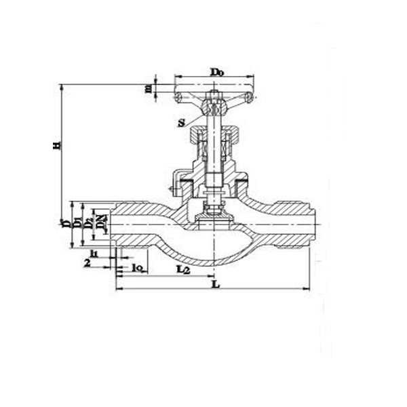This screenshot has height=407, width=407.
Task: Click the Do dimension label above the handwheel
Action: click(x=217, y=71)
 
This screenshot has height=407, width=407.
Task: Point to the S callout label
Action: click(x=182, y=123)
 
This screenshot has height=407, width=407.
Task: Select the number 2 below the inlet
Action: click(x=87, y=263)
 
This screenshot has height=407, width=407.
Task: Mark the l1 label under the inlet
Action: click(x=94, y=253)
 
